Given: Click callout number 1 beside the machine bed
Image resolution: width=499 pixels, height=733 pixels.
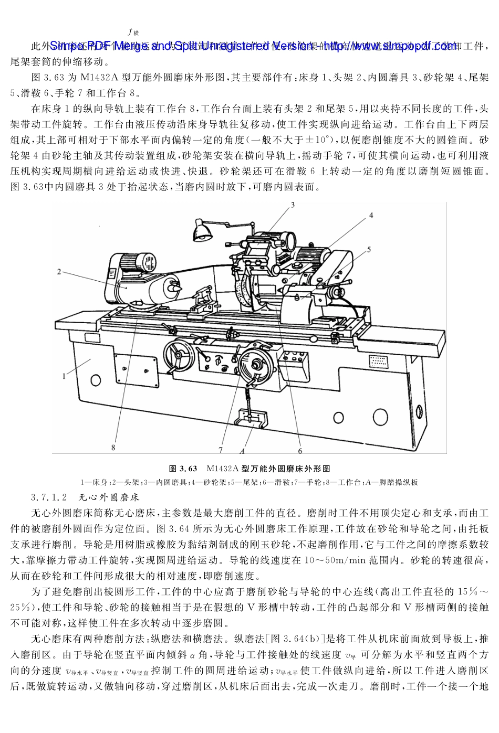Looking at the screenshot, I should click(x=64, y=376).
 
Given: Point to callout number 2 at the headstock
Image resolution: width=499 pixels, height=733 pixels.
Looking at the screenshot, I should click(x=59, y=272).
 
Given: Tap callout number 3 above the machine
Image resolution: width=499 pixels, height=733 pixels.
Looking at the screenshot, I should click(x=293, y=204).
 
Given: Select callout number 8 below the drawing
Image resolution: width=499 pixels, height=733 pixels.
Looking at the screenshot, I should click(x=113, y=448).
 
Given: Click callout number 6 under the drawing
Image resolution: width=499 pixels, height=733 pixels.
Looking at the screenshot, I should click(x=300, y=451).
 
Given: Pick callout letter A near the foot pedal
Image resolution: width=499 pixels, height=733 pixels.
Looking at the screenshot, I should click(x=242, y=451).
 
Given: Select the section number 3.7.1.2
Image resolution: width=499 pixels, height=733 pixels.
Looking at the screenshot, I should click(x=49, y=496).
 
